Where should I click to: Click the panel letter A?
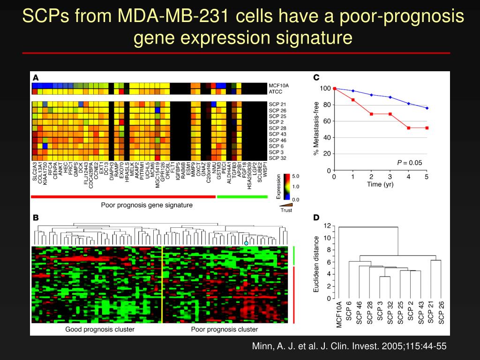tap(36, 78)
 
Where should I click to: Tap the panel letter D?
tap(316, 217)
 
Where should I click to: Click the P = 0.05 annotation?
tap(410, 163)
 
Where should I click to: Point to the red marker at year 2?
tap(371, 114)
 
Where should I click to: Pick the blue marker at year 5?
tap(427, 108)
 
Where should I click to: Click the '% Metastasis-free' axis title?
tap(316, 128)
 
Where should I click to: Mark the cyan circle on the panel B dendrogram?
tap(246, 243)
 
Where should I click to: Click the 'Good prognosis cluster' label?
tap(100, 329)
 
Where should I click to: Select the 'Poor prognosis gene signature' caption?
tap(147, 205)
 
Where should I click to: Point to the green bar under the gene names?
tap(242, 197)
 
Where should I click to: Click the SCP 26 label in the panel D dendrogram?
tap(441, 312)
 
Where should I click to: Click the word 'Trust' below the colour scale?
tap(285, 210)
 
